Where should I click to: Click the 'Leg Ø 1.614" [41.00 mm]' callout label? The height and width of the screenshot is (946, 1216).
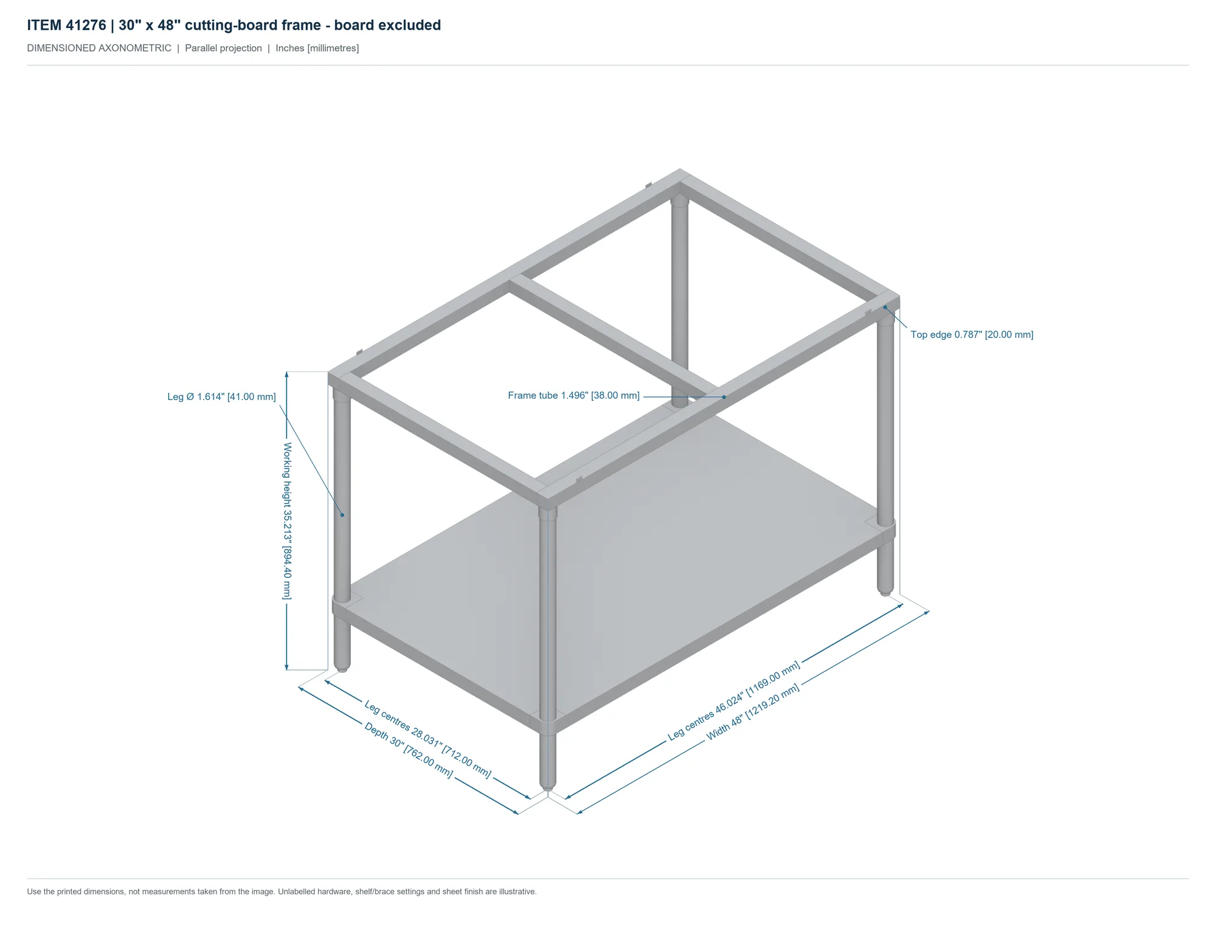pyautogui.click(x=221, y=397)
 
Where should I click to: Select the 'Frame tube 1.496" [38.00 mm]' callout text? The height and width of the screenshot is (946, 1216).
pyautogui.click(x=573, y=396)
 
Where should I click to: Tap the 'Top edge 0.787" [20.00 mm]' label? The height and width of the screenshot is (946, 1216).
pyautogui.click(x=972, y=334)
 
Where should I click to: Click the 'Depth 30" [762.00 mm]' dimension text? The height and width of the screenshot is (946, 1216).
pyautogui.click(x=409, y=750)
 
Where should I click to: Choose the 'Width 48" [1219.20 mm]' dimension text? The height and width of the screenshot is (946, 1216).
pyautogui.click(x=753, y=712)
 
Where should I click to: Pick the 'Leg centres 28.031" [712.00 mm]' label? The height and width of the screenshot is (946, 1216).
pyautogui.click(x=427, y=739)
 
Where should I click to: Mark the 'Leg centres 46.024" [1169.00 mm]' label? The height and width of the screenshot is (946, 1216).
pyautogui.click(x=734, y=701)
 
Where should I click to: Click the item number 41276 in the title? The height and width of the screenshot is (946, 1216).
pyautogui.click(x=86, y=25)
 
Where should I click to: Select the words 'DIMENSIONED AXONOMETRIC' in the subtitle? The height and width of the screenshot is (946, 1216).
pyautogui.click(x=99, y=48)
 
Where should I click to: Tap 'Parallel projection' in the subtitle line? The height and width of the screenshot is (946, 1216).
pyautogui.click(x=223, y=48)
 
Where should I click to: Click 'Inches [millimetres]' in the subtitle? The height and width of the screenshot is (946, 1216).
pyautogui.click(x=317, y=48)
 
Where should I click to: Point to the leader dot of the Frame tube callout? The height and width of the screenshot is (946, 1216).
pyautogui.click(x=724, y=397)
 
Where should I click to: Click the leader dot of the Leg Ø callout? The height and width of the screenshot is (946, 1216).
pyautogui.click(x=342, y=515)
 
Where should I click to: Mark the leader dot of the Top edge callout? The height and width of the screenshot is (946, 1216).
pyautogui.click(x=885, y=307)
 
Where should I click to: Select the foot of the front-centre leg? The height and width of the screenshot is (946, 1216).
pyautogui.click(x=548, y=789)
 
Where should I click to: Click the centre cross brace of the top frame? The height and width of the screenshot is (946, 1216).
pyautogui.click(x=614, y=338)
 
